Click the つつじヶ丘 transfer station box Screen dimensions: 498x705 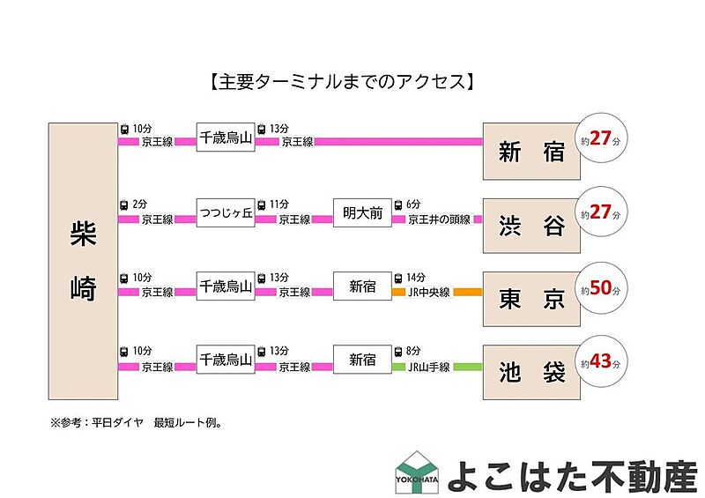point(225,212)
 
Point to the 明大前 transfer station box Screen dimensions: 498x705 point(362,212)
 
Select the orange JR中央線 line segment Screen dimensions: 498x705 point(467,292)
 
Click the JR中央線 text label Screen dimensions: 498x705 point(429,292)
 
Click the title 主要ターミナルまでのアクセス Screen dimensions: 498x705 point(344,82)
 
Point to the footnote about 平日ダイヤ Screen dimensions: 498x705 point(137,422)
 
